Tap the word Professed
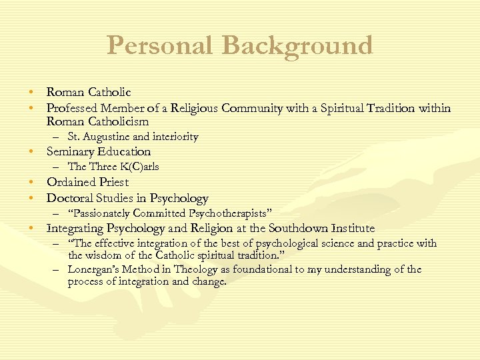71,108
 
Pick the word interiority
176,137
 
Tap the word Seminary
71,151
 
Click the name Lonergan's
94,269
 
